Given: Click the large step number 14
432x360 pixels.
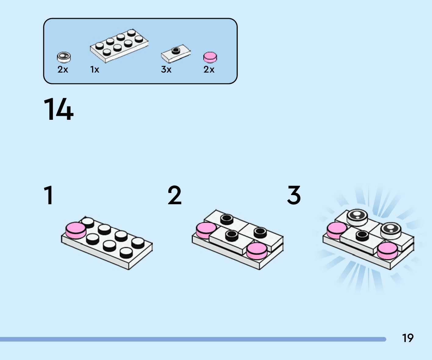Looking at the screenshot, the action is click(59, 109).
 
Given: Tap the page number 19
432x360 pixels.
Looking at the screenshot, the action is click(408, 338).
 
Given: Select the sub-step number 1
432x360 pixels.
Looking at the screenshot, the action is click(49, 195).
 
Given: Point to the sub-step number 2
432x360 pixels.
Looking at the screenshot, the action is click(174, 195).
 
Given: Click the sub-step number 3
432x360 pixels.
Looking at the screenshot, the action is click(294, 195).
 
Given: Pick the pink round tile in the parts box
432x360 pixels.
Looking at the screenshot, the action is click(210, 57).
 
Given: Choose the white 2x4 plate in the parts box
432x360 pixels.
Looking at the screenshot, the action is click(119, 46).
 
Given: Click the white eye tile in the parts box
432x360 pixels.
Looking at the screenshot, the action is click(64, 57).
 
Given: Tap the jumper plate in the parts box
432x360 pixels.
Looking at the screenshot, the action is click(176, 53).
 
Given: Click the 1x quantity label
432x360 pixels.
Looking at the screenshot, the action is click(95, 70).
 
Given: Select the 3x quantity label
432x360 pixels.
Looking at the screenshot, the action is click(166, 70).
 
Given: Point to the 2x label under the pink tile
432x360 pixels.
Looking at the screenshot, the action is click(209, 70).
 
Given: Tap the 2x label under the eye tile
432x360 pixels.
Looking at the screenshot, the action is click(63, 70).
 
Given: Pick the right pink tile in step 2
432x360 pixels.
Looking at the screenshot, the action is click(257, 250).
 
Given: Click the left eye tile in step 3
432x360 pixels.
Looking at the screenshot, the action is click(357, 216).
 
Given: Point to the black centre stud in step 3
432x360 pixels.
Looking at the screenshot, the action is click(362, 235).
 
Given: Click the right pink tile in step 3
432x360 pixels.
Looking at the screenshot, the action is click(387, 250).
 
